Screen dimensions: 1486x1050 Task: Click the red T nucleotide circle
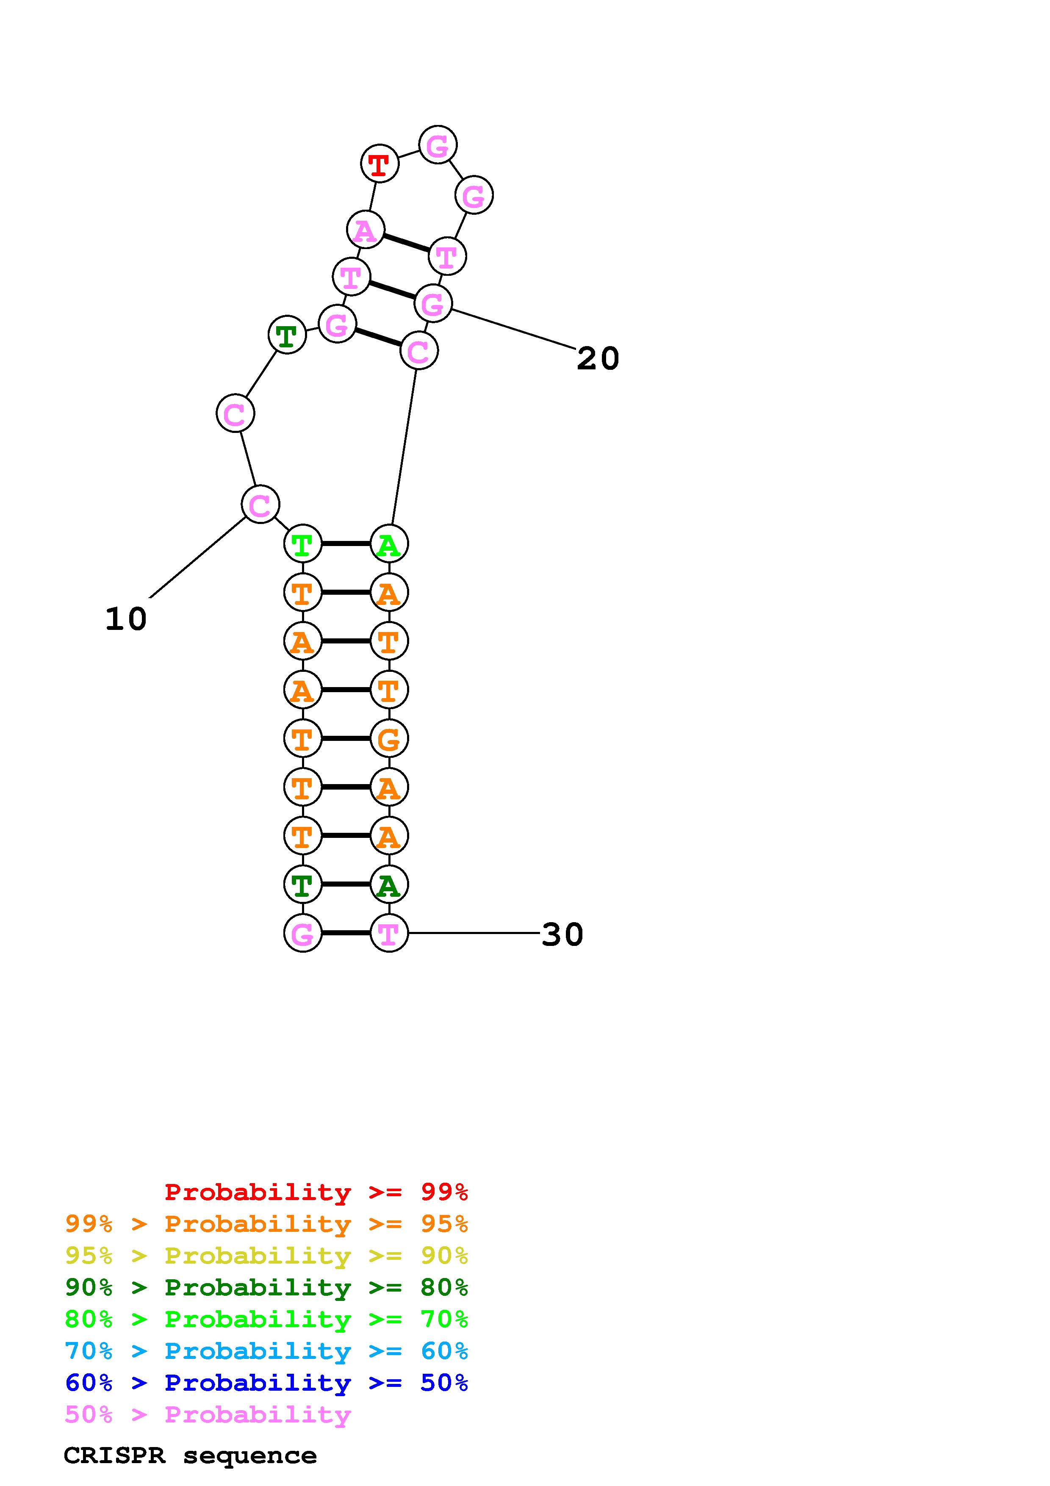pyautogui.click(x=380, y=164)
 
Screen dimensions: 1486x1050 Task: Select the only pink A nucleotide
pyautogui.click(x=366, y=230)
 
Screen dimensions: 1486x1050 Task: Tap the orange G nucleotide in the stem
pyautogui.click(x=389, y=738)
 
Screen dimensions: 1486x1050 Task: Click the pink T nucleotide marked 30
pyautogui.click(x=389, y=933)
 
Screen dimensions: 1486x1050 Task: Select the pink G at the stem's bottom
pyautogui.click(x=303, y=933)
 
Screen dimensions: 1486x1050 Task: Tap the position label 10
pyautogui.click(x=126, y=619)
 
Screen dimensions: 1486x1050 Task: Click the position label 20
pyautogui.click(x=598, y=358)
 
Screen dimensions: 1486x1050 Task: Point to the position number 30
pyautogui.click(x=562, y=934)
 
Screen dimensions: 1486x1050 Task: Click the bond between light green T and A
pyautogui.click(x=346, y=543)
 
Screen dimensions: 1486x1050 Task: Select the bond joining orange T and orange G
pyautogui.click(x=346, y=738)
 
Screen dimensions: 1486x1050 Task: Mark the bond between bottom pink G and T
pyautogui.click(x=346, y=933)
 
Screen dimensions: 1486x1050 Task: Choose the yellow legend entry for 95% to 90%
pyautogui.click(x=266, y=1256)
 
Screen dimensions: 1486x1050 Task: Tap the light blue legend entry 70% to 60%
pyautogui.click(x=266, y=1351)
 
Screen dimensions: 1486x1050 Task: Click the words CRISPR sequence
pyautogui.click(x=190, y=1456)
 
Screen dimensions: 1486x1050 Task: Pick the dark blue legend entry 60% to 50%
pyautogui.click(x=266, y=1383)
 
